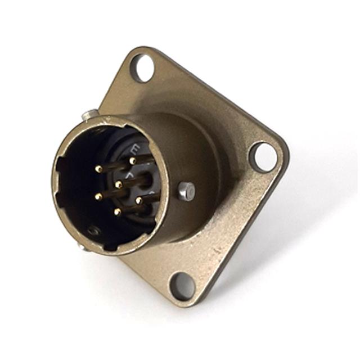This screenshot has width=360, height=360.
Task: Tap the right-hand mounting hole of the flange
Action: point(262,157)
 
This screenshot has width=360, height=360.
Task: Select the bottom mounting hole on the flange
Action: point(182,286)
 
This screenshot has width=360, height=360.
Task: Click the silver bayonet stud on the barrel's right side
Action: point(186,190)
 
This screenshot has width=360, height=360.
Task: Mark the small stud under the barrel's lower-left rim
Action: point(84,246)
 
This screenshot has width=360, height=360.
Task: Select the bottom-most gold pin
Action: point(117,212)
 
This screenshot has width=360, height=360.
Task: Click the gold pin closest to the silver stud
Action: point(138,200)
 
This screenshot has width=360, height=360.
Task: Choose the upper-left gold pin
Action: point(98,168)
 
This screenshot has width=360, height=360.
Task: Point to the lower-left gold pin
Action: point(98,196)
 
